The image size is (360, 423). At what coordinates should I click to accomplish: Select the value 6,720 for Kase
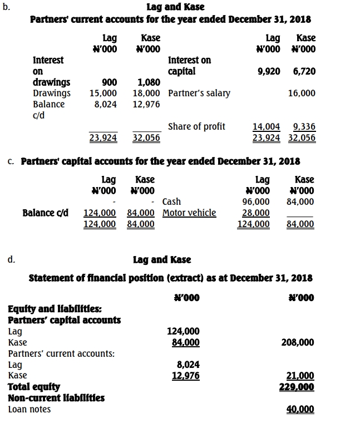(x=304, y=71)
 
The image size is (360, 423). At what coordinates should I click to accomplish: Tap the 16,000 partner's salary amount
(x=302, y=94)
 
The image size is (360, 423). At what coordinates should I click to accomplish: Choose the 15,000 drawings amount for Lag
(x=103, y=94)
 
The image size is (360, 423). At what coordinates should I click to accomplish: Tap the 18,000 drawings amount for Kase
(x=146, y=94)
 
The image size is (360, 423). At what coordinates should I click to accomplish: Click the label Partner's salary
(x=199, y=94)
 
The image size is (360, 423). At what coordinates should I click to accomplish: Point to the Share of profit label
(x=196, y=126)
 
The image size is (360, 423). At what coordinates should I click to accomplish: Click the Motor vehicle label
(x=189, y=213)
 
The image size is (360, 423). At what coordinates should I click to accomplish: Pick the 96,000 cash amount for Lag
(x=256, y=201)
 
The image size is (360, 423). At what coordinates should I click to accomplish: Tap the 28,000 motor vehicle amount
(x=256, y=213)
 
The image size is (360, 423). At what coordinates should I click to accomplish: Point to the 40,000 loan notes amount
(x=300, y=410)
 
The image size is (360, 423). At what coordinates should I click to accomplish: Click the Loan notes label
(x=29, y=410)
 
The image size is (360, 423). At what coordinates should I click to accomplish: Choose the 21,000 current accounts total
(x=300, y=376)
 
